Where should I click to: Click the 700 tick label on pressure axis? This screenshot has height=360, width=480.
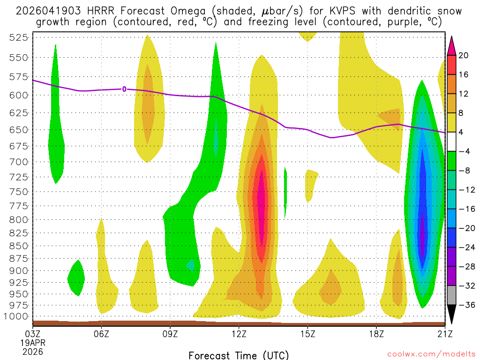pos(18,162)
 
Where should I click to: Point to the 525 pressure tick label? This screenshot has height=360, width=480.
pos(18,37)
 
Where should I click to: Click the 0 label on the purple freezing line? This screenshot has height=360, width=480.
pos(124,89)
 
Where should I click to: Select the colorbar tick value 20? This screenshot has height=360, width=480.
pos(464,55)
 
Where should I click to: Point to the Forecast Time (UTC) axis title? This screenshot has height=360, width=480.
pos(239,355)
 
